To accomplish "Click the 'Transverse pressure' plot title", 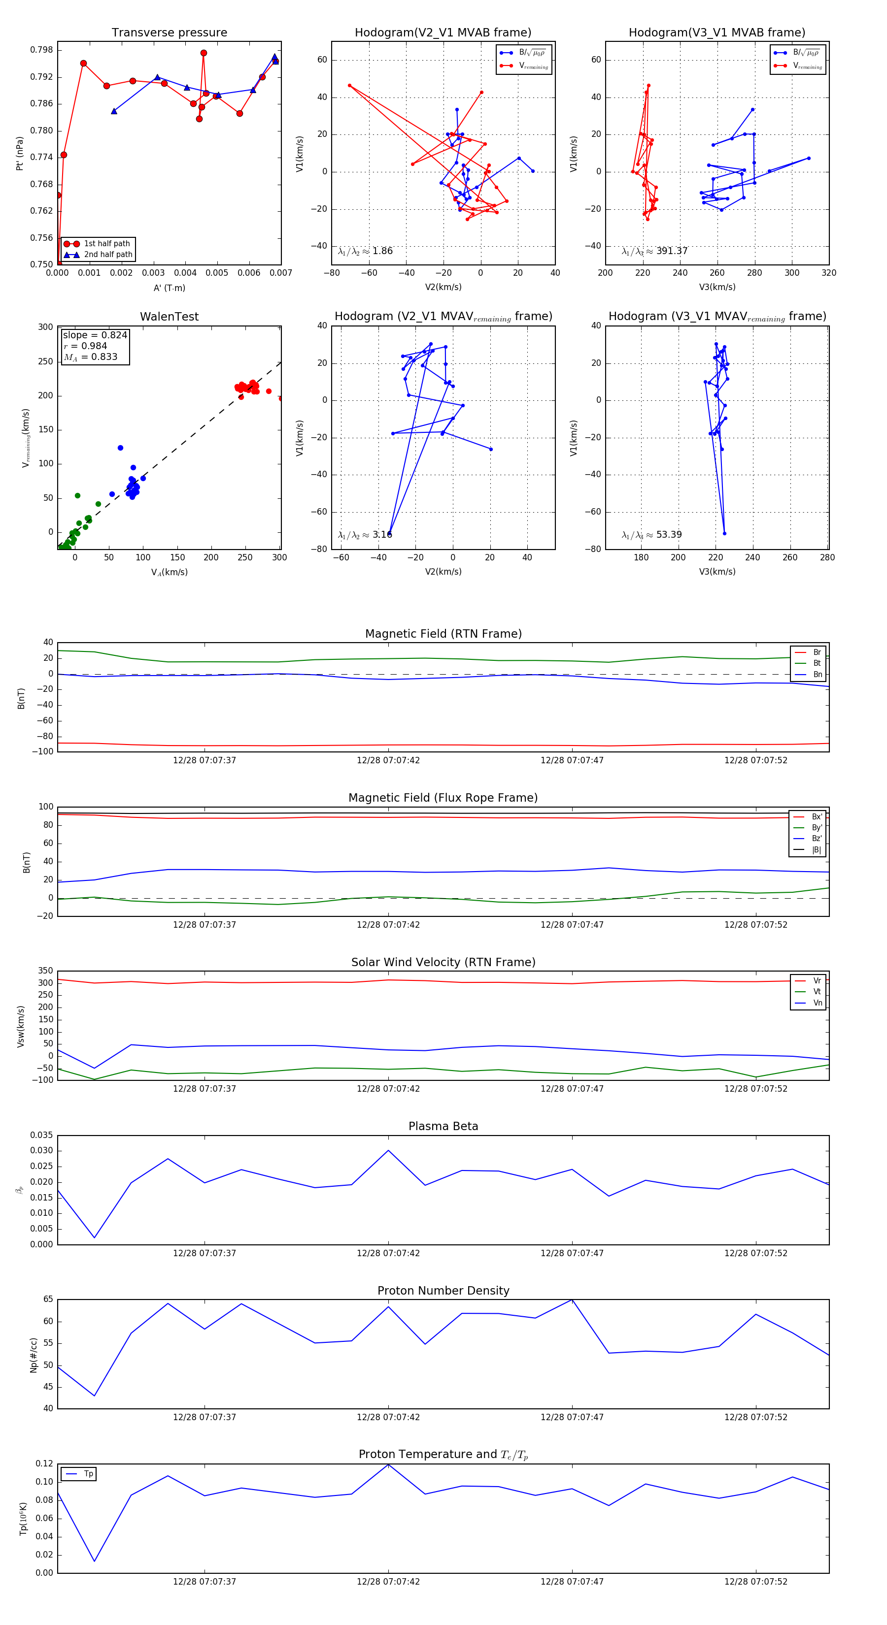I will [x=169, y=33].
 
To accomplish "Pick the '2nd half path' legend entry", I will [x=108, y=255].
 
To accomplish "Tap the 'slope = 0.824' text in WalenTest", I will [x=95, y=335].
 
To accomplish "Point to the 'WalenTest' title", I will [x=169, y=317].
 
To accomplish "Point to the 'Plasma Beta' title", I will [x=443, y=1126].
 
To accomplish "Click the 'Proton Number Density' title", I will [x=443, y=1291].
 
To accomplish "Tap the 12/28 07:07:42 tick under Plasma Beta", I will [x=388, y=1253].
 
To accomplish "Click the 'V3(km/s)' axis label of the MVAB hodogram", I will [x=716, y=287].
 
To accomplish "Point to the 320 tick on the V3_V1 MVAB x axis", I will [x=828, y=273].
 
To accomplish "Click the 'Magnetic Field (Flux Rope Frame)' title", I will [x=443, y=798].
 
